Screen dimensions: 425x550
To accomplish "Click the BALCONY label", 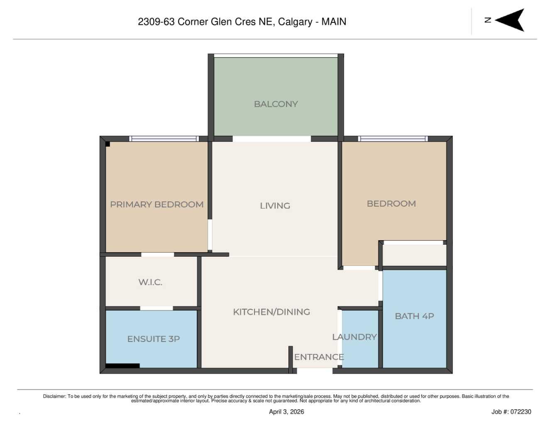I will (x=276, y=104).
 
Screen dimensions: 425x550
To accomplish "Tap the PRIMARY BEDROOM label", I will (x=156, y=204).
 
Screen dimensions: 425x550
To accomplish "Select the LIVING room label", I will (x=275, y=206).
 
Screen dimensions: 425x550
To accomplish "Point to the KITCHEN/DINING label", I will (x=271, y=312).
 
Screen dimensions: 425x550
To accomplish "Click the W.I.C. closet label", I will (x=150, y=282).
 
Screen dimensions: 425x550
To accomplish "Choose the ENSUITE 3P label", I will (x=153, y=339).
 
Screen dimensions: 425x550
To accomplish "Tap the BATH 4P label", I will (x=414, y=316).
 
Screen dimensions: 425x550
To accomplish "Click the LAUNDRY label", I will (x=354, y=337).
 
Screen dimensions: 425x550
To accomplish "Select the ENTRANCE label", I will (x=319, y=357).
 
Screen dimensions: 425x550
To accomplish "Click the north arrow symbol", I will (x=511, y=20).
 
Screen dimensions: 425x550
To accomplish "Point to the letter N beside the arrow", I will (x=488, y=20).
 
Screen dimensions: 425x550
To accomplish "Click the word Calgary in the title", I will (x=295, y=22).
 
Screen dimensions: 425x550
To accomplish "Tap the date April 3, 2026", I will (x=286, y=412).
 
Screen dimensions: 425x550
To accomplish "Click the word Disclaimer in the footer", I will (x=54, y=396).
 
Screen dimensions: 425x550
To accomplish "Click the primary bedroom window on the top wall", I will (x=164, y=139).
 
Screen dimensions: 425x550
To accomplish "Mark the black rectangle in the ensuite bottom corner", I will (x=122, y=366).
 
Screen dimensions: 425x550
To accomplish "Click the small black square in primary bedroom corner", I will (x=108, y=144).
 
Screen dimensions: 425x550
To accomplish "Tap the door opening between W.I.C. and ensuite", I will (x=156, y=308).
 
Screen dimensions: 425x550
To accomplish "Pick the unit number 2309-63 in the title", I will (x=156, y=22).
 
